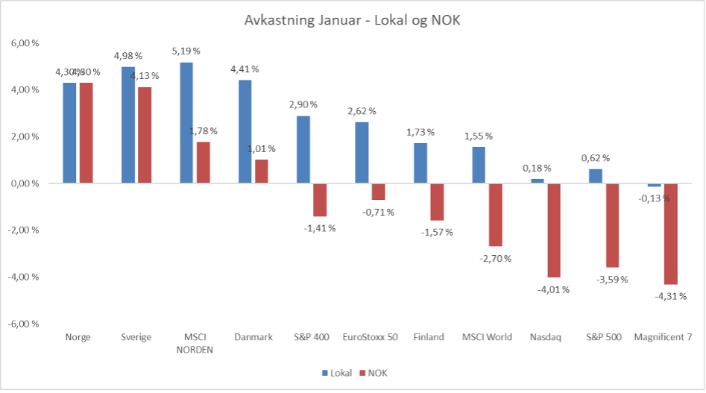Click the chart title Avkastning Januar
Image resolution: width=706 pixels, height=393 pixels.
pyautogui.click(x=353, y=20)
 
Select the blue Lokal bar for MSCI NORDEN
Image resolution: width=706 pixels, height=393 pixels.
pyautogui.click(x=186, y=122)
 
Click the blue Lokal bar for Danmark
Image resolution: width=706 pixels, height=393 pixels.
pyautogui.click(x=244, y=131)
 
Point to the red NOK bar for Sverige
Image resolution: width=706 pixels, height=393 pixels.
pyautogui.click(x=145, y=135)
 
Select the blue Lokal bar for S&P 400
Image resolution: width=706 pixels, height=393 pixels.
pyautogui.click(x=303, y=149)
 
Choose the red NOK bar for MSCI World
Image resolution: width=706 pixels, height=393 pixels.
pyautogui.click(x=496, y=215)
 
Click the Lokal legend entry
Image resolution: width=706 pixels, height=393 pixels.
pyautogui.click(x=338, y=372)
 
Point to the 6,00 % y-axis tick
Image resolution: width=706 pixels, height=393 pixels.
pyautogui.click(x=25, y=43)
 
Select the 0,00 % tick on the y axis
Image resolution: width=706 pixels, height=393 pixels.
pyautogui.click(x=25, y=183)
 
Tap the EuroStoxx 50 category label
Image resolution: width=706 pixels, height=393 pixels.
pyautogui.click(x=370, y=336)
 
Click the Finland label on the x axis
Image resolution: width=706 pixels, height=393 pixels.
pyautogui.click(x=429, y=336)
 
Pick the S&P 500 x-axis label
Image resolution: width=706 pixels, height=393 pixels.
pyautogui.click(x=604, y=336)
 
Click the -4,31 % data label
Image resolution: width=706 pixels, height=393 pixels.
pyautogui.click(x=671, y=296)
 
